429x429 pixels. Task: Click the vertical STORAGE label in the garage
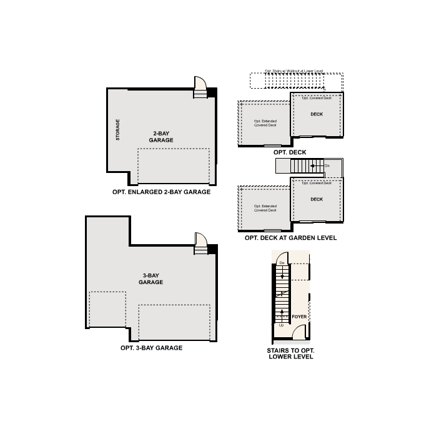tap(118, 130)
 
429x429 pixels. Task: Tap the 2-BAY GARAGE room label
tap(161, 137)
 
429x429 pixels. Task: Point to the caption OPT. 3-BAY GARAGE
tap(152, 348)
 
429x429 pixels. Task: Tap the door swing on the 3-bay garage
tap(200, 241)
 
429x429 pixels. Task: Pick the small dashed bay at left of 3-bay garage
tap(107, 309)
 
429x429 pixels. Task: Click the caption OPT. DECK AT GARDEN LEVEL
tap(290, 238)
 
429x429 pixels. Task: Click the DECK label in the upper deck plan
tap(317, 114)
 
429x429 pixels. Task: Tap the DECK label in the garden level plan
tap(317, 199)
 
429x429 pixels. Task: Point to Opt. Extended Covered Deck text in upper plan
tap(265, 123)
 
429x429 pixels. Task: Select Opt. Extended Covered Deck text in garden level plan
tap(265, 208)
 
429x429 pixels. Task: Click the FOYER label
tap(299, 317)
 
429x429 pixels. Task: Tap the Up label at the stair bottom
tap(281, 325)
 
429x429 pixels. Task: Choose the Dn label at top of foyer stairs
tap(282, 264)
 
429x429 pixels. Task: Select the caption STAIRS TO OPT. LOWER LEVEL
tap(290, 353)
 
